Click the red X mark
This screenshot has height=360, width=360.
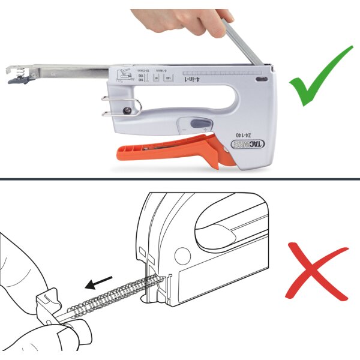coord(319,270)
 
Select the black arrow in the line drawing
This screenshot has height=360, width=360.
coord(100,283)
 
